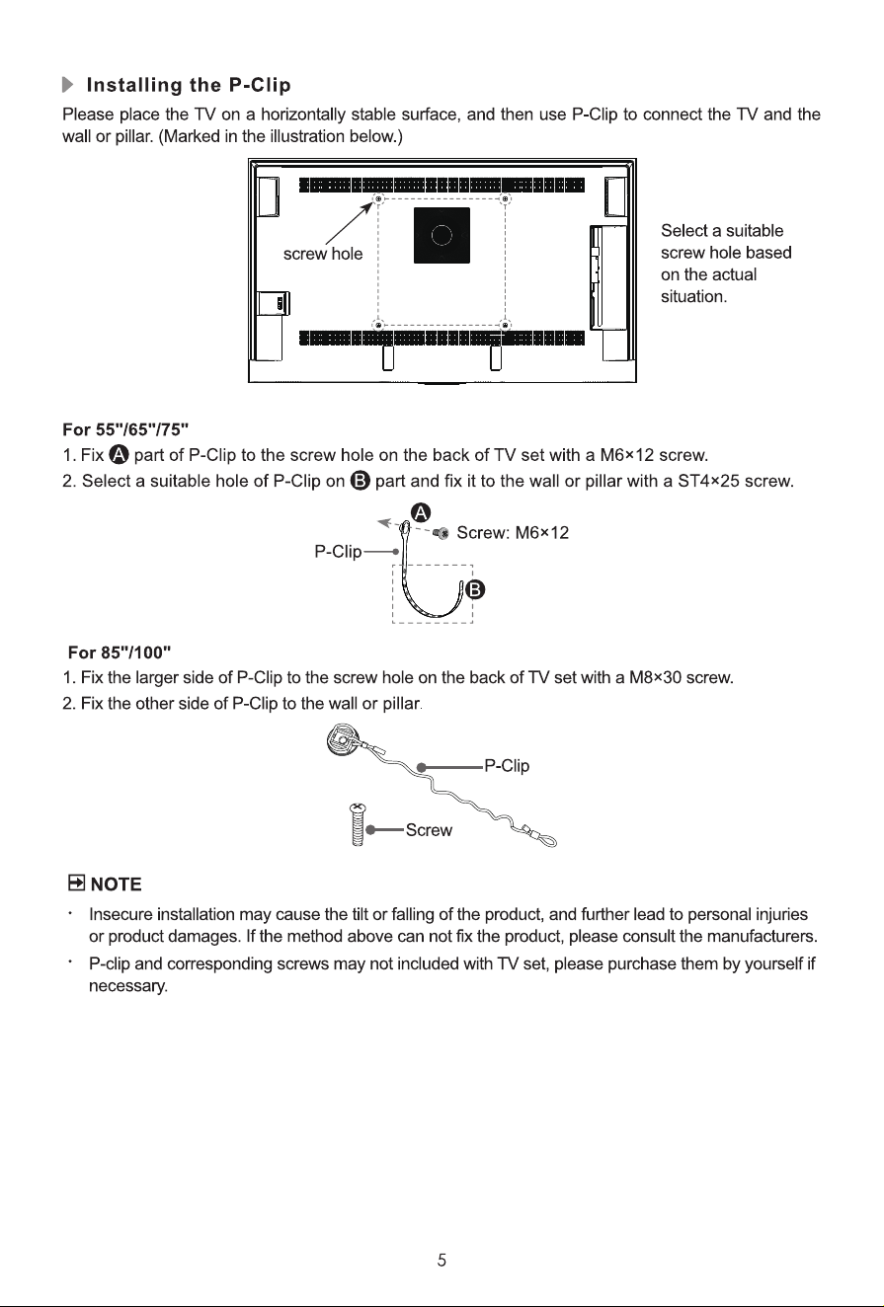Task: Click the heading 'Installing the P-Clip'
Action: point(188,85)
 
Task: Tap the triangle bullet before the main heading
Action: point(68,85)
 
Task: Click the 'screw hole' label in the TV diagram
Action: point(322,254)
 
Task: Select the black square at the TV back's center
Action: point(442,235)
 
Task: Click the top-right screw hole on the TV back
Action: point(507,199)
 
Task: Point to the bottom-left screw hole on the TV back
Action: point(378,325)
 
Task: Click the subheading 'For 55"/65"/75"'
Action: point(125,429)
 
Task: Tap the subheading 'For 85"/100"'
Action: point(120,652)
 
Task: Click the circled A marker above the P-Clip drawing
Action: point(421,513)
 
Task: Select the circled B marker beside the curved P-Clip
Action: point(475,590)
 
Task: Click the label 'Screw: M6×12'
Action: point(512,533)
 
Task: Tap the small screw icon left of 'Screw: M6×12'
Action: point(442,533)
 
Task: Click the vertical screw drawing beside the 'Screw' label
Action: point(358,824)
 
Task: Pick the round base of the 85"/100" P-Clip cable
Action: point(340,739)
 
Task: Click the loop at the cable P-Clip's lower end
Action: point(546,839)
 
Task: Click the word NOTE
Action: point(116,884)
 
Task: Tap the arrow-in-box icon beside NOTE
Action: point(76,883)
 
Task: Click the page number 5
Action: point(442,1261)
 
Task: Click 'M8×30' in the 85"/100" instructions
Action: point(655,678)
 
